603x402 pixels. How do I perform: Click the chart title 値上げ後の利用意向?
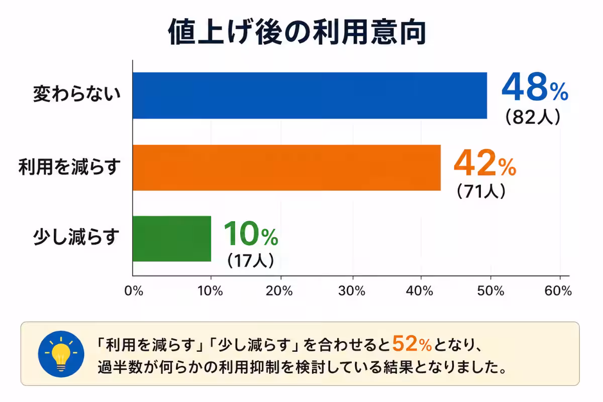pos(297,33)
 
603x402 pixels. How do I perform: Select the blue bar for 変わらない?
pos(310,95)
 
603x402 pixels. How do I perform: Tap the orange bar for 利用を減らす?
pos(286,167)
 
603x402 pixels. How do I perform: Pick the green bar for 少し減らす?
pos(172,239)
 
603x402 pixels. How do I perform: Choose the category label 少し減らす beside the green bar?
pos(77,237)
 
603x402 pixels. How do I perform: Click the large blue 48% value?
pos(534,87)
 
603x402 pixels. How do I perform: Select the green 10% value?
pos(250,234)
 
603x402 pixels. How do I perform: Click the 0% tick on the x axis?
pos(134,292)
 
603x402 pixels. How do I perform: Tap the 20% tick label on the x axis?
pos(280,292)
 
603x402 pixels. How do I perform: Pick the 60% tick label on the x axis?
pos(559,292)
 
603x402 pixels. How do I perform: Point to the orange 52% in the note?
pos(412,344)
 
